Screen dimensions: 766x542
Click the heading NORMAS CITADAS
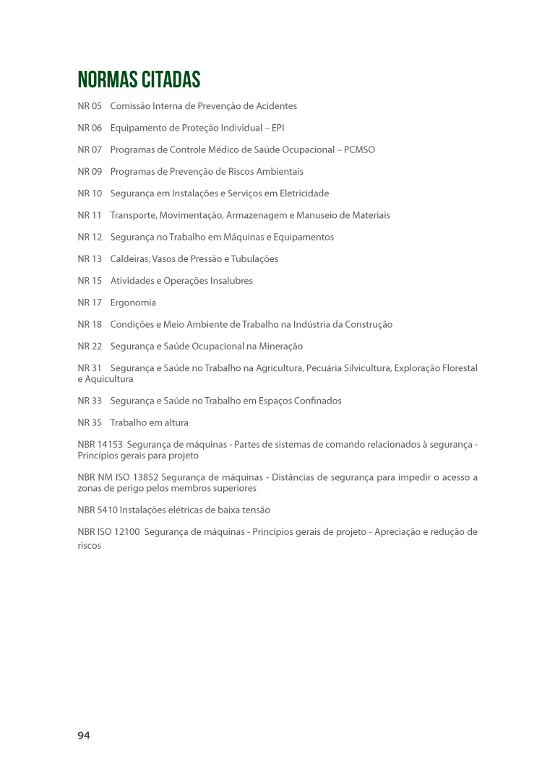pos(139,79)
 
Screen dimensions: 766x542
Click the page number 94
pos(84,735)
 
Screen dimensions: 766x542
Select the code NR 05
pos(90,106)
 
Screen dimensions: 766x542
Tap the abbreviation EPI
pos(278,128)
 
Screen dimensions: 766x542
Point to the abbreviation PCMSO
pos(358,149)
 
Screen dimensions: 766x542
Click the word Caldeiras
pos(130,258)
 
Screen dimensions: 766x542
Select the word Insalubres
pos(229,280)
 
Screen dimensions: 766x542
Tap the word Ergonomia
pos(133,303)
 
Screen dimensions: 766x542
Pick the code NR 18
pos(90,324)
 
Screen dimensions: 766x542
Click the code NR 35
pos(90,422)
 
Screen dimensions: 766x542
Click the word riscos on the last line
pos(90,546)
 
